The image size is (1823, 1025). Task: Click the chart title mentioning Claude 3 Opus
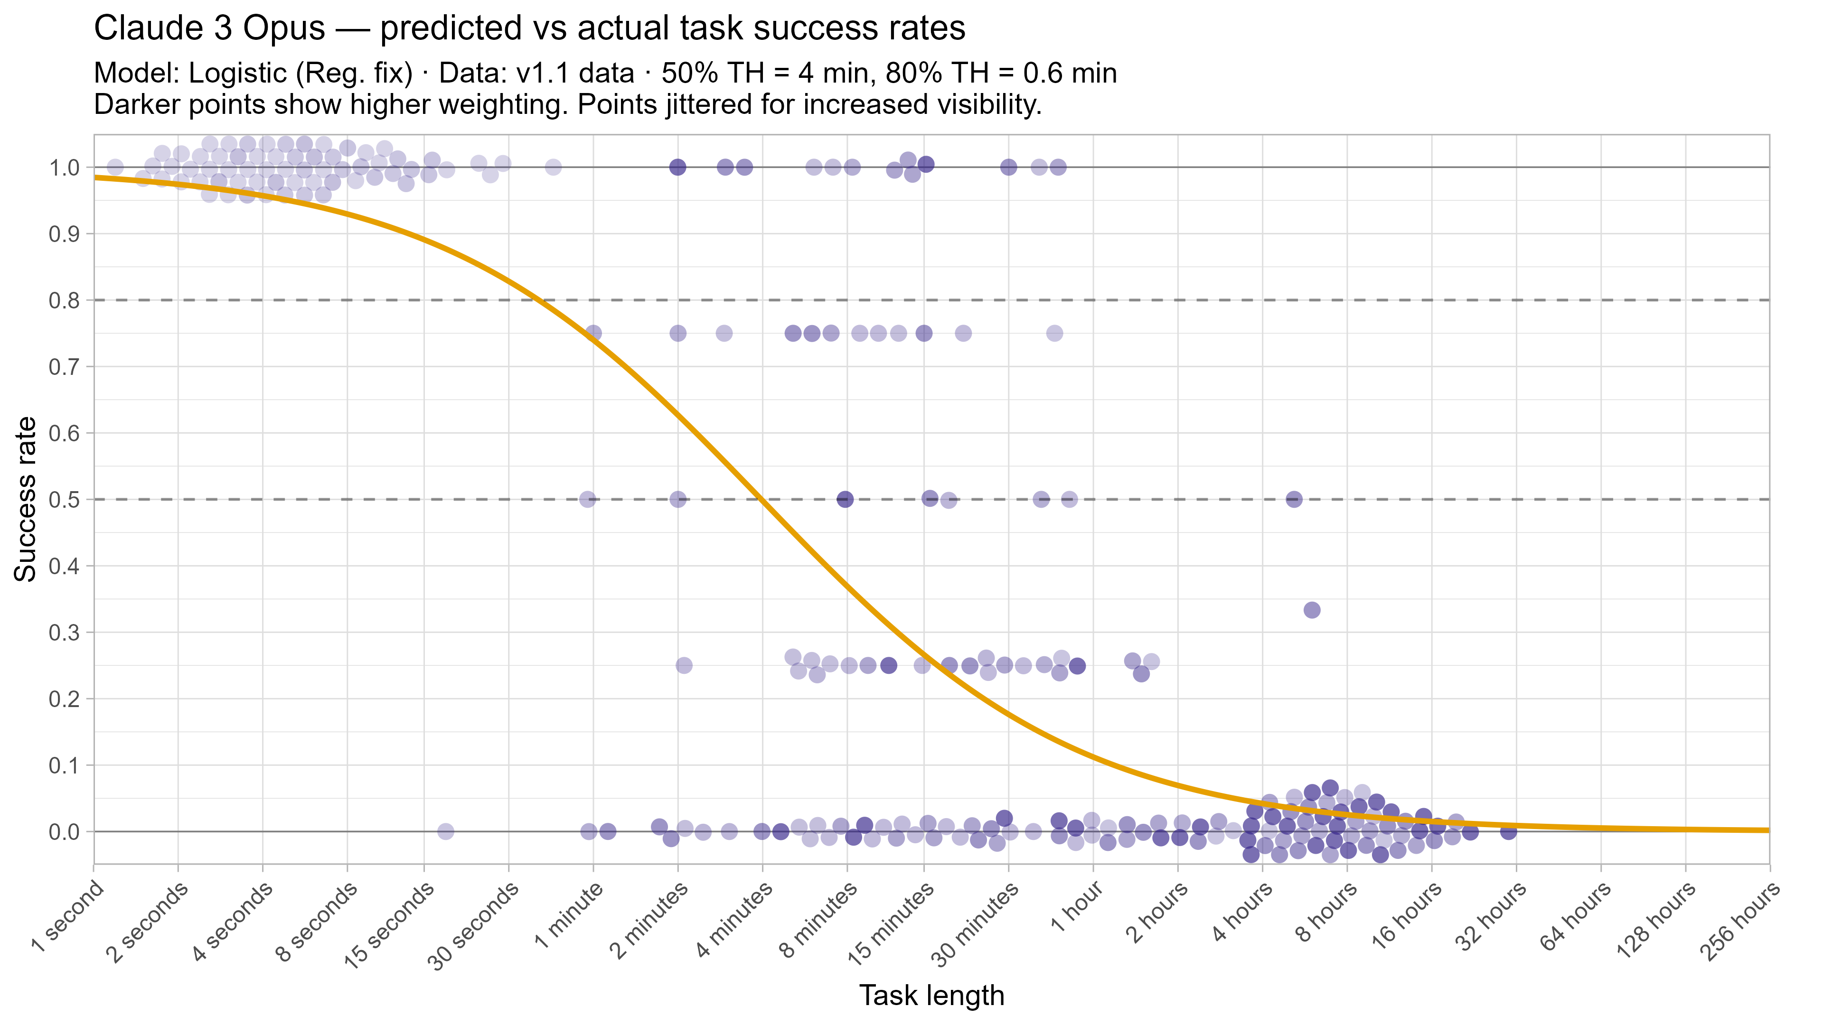tap(529, 29)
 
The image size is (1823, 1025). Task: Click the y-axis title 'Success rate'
tap(26, 499)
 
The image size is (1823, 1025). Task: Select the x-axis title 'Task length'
tap(931, 995)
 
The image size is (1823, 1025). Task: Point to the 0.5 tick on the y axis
tap(64, 499)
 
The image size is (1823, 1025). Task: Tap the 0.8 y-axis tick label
tap(64, 301)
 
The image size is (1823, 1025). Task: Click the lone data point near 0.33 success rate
tap(1311, 610)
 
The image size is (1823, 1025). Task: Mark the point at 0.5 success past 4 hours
tap(1294, 499)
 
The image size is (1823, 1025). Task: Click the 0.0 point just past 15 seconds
tap(445, 831)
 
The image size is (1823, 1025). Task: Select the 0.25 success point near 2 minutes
tap(684, 665)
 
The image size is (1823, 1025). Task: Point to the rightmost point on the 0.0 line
tap(1508, 831)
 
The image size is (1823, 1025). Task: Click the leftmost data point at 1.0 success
tap(114, 168)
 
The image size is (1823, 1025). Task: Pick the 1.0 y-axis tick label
tap(64, 168)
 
